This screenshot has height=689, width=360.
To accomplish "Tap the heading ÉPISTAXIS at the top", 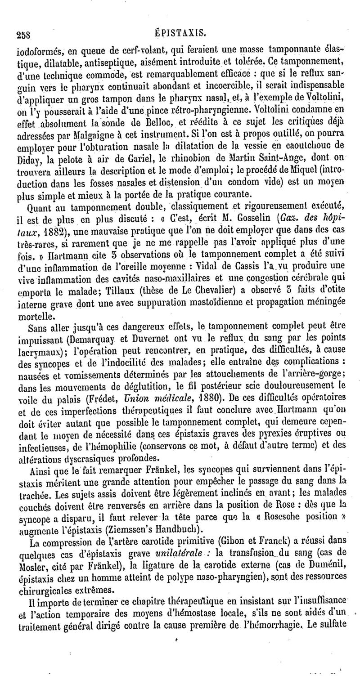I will coord(181,32).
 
